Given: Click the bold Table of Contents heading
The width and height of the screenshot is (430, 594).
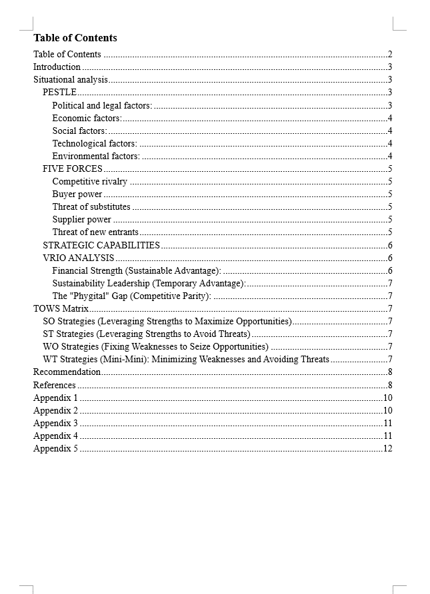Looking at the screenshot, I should click(75, 38).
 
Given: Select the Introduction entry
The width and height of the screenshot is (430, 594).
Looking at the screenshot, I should click(57, 67).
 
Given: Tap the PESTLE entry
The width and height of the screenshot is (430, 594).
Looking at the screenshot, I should click(59, 93).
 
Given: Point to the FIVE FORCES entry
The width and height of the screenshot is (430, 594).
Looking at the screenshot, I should click(73, 169).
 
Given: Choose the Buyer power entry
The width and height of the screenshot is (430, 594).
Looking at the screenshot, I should click(77, 194).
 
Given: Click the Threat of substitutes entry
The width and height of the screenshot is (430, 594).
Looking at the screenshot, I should click(91, 207).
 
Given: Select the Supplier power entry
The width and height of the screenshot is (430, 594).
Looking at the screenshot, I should click(82, 220).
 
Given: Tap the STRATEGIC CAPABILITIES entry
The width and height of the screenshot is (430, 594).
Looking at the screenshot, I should click(101, 245).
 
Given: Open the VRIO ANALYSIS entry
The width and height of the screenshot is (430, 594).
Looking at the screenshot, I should click(79, 258).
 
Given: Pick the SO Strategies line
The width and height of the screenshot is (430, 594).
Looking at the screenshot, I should click(167, 322).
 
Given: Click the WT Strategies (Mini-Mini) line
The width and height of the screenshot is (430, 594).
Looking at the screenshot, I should click(186, 360).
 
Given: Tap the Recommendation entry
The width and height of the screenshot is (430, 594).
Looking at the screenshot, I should click(67, 372).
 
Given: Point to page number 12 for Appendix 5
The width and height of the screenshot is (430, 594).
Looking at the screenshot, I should click(387, 449).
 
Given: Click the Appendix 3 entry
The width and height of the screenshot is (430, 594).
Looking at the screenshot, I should click(56, 424).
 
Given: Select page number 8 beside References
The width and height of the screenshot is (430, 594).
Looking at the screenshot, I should click(389, 386).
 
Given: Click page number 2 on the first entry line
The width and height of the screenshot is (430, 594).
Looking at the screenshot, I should click(389, 55).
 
